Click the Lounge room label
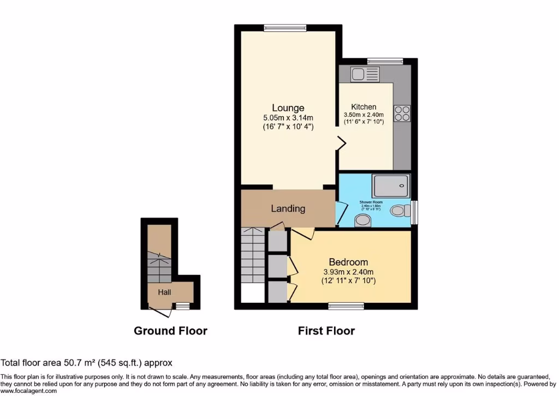pos(288,107)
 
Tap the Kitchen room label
pos(364,107)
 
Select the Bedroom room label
pos(348,262)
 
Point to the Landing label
pos(288,208)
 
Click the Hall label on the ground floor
pos(164,292)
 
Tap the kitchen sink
pos(365,74)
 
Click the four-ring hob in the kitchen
pos(403,113)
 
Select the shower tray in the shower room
pos(391,186)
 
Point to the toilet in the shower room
pos(400,210)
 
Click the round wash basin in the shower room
pos(362,220)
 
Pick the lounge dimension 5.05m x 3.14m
pos(288,118)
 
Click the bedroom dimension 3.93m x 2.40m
pos(348,272)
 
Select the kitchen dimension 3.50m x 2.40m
pos(364,115)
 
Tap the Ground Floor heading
pos(170,331)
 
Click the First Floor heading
pos(326,331)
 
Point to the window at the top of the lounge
pos(285,28)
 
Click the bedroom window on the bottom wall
pos(346,307)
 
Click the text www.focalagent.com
pos(28,391)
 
